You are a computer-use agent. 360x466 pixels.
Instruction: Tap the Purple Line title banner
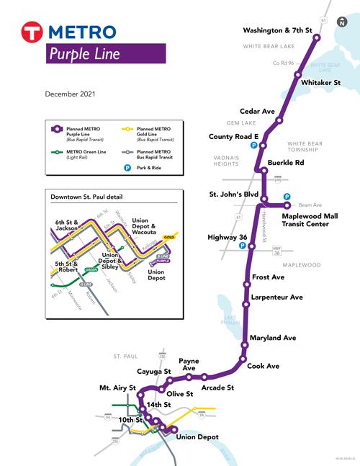click(x=106, y=54)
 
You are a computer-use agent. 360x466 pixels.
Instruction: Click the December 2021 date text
click(x=75, y=94)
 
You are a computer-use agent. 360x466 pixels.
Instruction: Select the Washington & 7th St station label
click(x=277, y=31)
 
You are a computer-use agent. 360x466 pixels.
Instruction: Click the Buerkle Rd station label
click(x=286, y=163)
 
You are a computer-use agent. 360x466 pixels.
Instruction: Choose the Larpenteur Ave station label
click(x=276, y=297)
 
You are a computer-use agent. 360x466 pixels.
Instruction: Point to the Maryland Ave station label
click(x=274, y=338)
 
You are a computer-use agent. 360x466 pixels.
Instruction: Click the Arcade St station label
click(x=219, y=387)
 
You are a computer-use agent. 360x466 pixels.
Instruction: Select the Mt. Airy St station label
click(x=117, y=388)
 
